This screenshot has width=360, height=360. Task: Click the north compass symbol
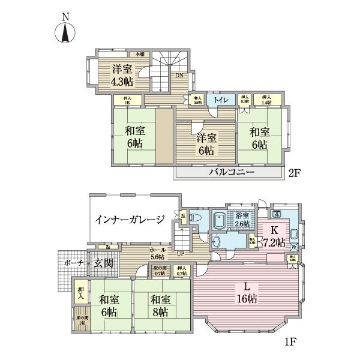click(x=64, y=32)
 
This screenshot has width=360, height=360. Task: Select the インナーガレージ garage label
click(x=130, y=220)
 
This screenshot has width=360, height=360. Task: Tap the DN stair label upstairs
click(x=179, y=76)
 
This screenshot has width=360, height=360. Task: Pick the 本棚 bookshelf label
click(x=139, y=55)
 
